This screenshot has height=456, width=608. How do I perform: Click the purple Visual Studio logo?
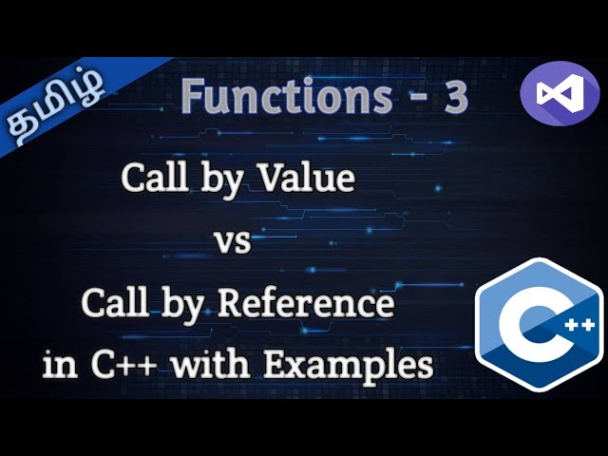coord(560,93)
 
